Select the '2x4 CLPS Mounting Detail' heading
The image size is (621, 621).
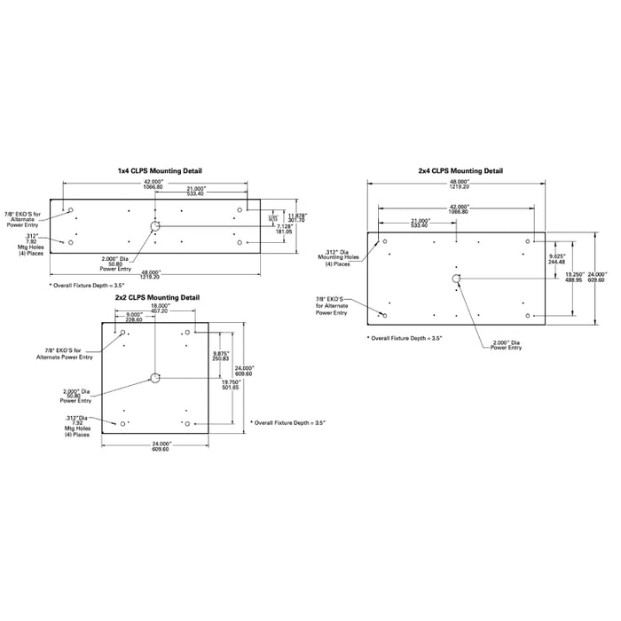460,170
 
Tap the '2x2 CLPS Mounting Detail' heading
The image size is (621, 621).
156,297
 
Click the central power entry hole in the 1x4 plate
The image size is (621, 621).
154,227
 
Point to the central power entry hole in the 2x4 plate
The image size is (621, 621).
456,279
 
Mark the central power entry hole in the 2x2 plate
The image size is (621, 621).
154,379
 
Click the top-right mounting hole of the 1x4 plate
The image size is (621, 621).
240,210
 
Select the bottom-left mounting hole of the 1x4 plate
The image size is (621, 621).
71,242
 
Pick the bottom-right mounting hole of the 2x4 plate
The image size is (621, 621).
530,316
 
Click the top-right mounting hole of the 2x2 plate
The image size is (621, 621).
186,333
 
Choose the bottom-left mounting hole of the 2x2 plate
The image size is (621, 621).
122,424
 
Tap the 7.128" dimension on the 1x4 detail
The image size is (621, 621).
285,229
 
